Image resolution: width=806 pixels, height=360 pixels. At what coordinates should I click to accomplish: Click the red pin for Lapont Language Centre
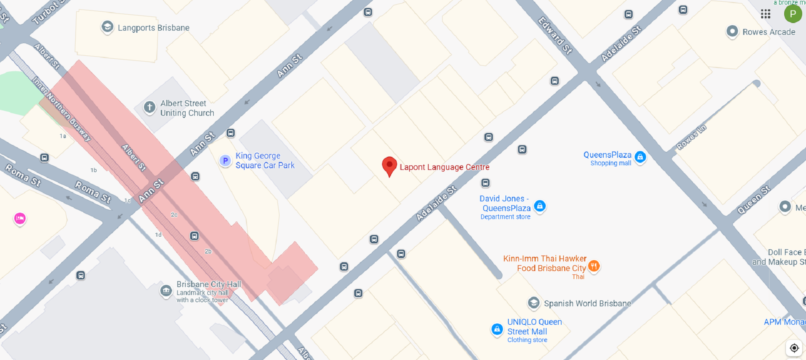(x=390, y=165)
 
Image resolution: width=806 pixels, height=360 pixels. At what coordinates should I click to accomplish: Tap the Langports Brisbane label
(x=153, y=28)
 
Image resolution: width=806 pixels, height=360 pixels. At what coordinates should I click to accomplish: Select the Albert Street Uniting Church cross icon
(x=149, y=107)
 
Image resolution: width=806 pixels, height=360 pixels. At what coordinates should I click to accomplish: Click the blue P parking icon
(x=225, y=160)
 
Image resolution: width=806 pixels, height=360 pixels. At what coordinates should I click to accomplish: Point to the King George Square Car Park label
(x=265, y=160)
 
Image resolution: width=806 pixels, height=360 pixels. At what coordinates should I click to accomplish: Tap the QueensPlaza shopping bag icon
(x=640, y=157)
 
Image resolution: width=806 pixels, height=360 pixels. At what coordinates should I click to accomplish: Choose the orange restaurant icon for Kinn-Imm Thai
(x=594, y=266)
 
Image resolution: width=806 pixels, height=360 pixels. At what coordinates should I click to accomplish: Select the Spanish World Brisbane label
(x=587, y=303)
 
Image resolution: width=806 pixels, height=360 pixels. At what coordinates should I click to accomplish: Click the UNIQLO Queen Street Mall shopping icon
(x=497, y=329)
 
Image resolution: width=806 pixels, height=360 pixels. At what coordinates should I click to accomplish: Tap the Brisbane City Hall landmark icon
(x=166, y=290)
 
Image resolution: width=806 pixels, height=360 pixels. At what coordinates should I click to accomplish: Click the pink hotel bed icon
(x=20, y=218)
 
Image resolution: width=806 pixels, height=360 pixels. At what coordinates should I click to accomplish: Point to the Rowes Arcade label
(x=769, y=32)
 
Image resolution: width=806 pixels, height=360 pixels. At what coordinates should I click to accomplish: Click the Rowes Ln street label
(x=691, y=137)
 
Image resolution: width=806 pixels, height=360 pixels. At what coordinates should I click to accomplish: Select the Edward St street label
(x=555, y=35)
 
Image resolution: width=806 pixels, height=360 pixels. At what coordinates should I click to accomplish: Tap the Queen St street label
(x=754, y=200)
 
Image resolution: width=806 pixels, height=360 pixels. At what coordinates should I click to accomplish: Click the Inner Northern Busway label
(x=61, y=109)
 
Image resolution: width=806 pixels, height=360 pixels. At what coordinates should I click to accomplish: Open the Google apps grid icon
(x=765, y=14)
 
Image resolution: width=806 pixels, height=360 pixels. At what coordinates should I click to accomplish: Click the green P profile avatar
(x=793, y=14)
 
